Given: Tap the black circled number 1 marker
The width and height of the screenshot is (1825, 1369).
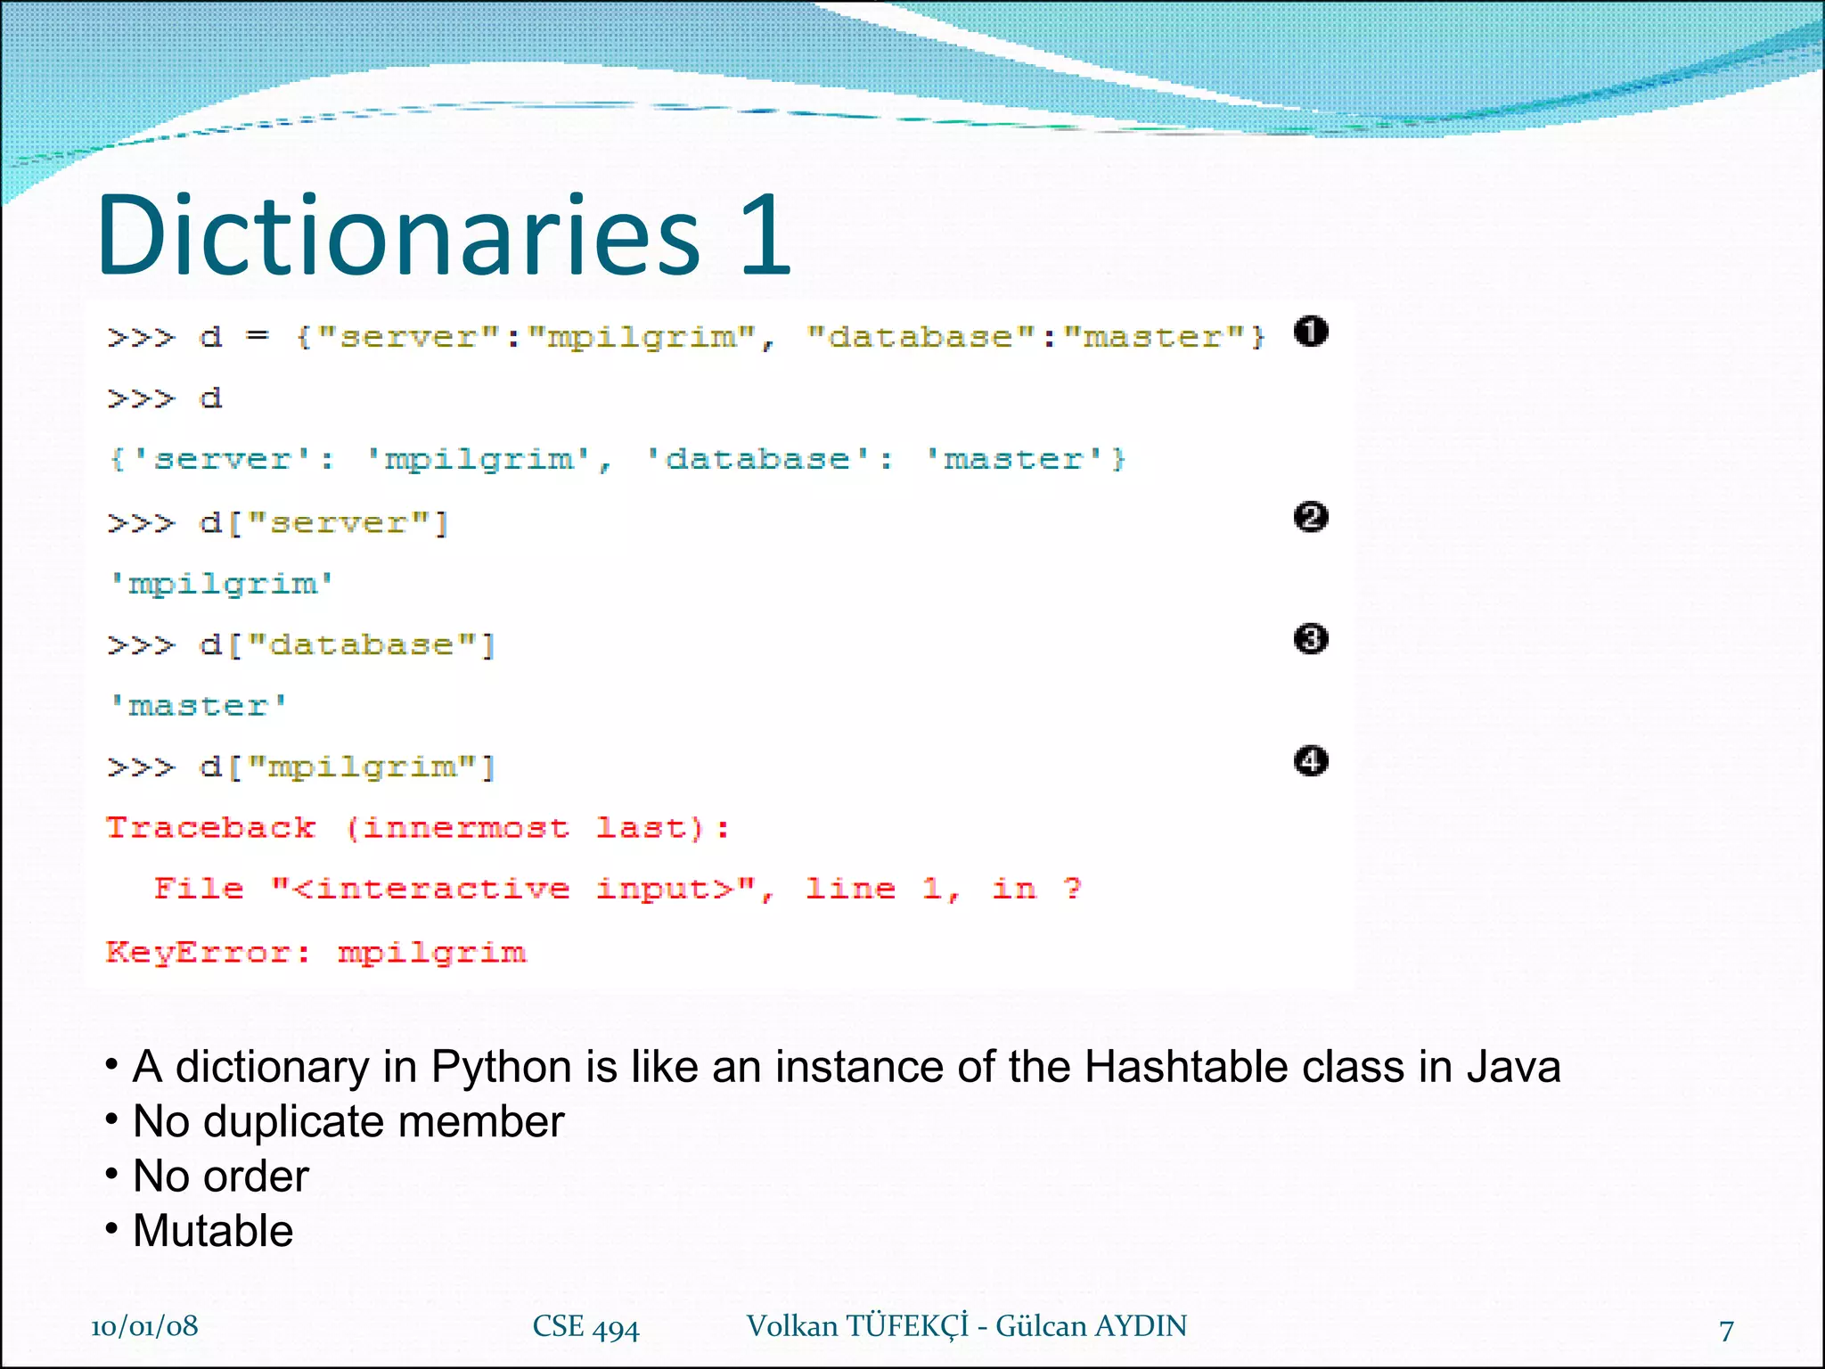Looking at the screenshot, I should tap(1310, 332).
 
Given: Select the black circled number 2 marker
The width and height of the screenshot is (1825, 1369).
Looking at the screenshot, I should tap(1310, 517).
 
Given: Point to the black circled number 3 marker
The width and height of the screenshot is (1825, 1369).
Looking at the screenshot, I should tap(1310, 639).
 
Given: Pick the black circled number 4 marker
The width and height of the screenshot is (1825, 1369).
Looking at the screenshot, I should tap(1310, 761).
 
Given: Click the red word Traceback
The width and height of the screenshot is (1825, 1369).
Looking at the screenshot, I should tap(211, 828).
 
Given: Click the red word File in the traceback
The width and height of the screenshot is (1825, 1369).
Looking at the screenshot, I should tap(199, 889).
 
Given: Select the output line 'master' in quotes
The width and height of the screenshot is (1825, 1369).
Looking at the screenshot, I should tap(198, 706).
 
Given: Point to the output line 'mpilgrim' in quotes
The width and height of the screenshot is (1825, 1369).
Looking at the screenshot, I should tap(221, 584).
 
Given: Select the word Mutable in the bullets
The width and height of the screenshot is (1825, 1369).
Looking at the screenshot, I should tap(213, 1231).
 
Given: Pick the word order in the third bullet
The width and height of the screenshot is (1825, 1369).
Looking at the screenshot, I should tap(256, 1176).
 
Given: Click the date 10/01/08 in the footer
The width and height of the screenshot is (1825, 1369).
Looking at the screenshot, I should tap(144, 1326).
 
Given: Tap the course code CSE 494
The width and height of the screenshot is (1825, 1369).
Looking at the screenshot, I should tap(585, 1327).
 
